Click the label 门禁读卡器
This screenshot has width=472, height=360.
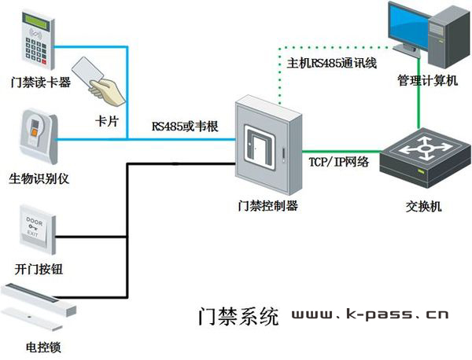pos(37,81)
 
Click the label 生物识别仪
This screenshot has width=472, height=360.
pos(39,178)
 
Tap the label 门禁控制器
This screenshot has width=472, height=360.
pos(267,206)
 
